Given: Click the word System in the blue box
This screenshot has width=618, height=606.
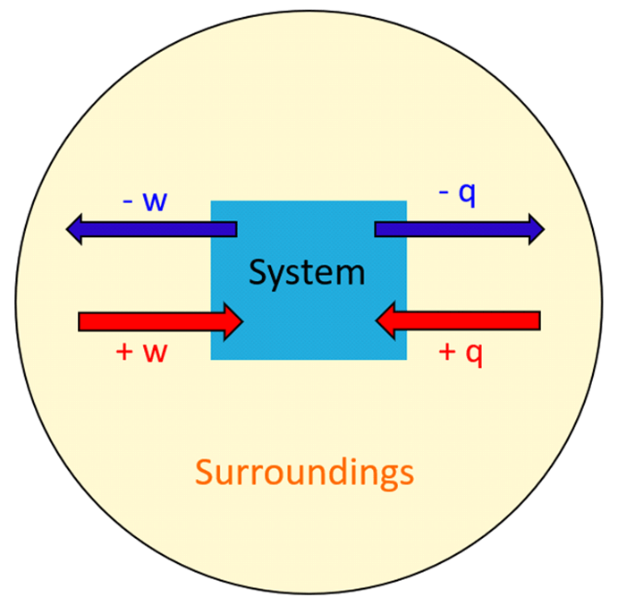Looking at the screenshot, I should click(307, 272).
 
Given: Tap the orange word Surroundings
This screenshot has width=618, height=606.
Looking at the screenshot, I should click(304, 472).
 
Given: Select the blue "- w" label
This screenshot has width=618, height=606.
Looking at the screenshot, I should click(144, 200).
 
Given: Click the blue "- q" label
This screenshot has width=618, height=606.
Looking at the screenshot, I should click(457, 194).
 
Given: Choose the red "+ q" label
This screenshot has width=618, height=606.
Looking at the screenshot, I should click(461, 352).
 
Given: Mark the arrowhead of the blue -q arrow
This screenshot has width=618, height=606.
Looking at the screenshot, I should click(535, 229).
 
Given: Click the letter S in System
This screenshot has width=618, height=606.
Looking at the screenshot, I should click(258, 272).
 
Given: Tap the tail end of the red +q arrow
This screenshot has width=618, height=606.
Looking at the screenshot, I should click(537, 320).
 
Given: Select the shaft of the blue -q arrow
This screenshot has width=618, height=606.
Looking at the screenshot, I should click(447, 229).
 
